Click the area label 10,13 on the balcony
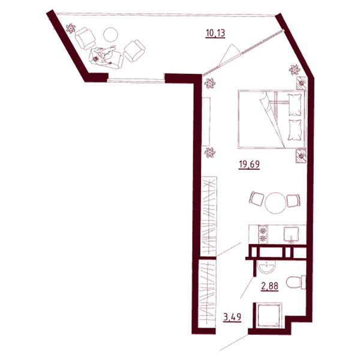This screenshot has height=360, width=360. (215, 34)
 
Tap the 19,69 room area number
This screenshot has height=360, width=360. (249, 164)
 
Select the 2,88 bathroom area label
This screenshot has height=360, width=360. (270, 286)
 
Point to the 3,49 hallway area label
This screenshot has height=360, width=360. (232, 317)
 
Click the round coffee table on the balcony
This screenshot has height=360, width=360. (110, 35)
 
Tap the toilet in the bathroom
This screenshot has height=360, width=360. (296, 282)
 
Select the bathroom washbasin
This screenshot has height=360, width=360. (266, 268)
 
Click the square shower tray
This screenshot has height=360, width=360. (269, 314)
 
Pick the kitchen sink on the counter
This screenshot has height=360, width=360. (291, 235)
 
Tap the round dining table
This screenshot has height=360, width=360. (275, 203)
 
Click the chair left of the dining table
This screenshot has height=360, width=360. (256, 199)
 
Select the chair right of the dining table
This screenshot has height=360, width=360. (293, 200)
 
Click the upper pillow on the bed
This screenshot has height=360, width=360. (295, 105)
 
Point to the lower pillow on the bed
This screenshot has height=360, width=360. (295, 130)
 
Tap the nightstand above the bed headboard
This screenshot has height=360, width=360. (301, 83)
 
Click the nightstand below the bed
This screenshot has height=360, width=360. (301, 156)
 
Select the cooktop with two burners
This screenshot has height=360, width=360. (263, 234)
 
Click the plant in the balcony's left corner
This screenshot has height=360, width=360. (70, 28)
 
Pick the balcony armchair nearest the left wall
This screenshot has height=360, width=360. (85, 38)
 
